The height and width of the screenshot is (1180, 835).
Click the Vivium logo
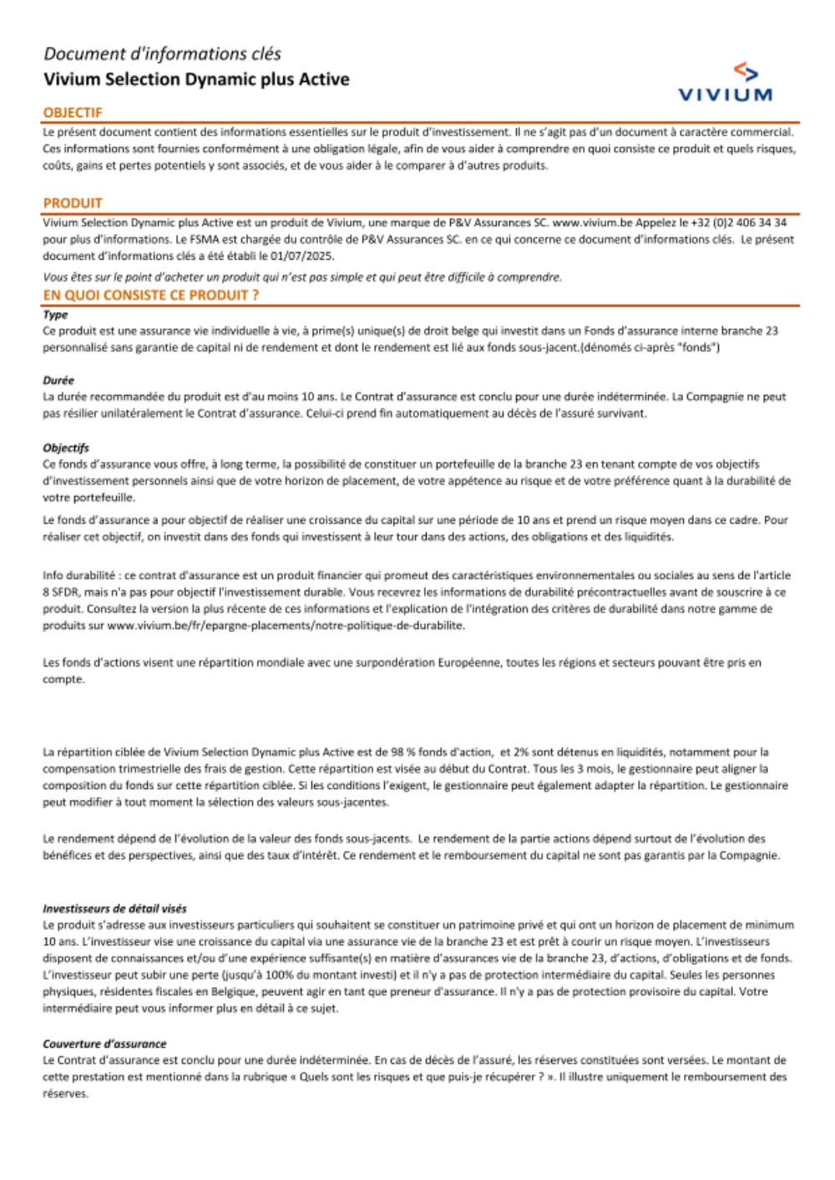coord(725,84)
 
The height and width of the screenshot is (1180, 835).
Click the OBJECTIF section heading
coord(73,113)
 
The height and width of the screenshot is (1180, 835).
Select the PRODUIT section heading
coord(73,203)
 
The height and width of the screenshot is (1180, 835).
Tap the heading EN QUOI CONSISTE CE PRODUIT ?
coord(151,295)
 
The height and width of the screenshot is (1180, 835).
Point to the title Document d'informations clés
coord(162,54)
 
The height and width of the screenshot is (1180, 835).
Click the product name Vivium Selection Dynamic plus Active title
coord(196,79)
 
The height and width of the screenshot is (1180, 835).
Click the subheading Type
coord(55,315)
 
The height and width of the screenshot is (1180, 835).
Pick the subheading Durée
coord(58,380)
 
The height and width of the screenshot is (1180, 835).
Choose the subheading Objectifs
coord(66,448)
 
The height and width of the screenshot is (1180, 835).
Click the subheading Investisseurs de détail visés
coord(114,909)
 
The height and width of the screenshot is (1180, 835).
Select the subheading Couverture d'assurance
coord(104,1044)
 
